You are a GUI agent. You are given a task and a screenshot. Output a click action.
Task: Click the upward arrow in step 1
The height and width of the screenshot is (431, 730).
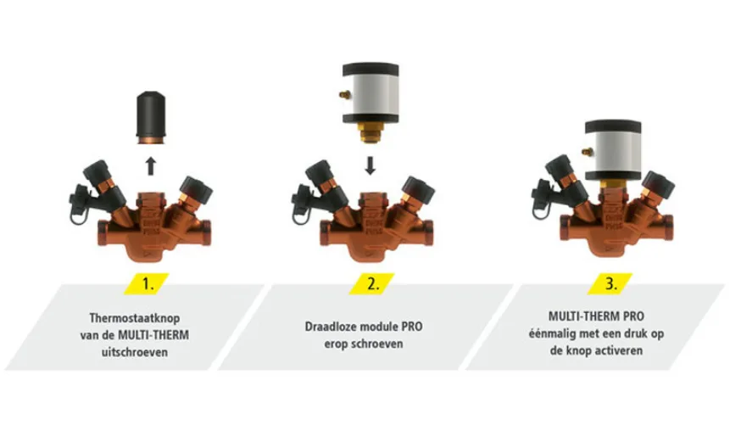(x=150, y=166)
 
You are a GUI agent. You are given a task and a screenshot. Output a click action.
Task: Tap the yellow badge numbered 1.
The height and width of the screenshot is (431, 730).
(x=148, y=283)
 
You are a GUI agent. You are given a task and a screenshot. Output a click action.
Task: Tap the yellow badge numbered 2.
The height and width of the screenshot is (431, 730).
(x=372, y=283)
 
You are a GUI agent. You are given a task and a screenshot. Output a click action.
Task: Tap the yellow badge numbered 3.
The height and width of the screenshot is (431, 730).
(x=610, y=283)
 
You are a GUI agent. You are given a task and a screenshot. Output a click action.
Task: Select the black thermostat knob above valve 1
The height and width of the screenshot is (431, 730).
(x=151, y=117)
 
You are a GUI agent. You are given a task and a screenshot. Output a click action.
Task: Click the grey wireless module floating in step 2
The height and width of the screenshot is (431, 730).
(x=371, y=93)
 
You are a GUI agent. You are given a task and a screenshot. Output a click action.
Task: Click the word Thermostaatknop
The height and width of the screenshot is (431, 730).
(x=135, y=318)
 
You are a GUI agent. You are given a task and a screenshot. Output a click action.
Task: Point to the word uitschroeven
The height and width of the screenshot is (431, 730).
(x=135, y=352)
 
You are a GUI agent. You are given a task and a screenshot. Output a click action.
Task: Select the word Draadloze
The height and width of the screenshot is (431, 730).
(x=331, y=327)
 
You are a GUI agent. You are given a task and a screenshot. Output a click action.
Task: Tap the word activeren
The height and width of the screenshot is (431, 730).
(x=618, y=350)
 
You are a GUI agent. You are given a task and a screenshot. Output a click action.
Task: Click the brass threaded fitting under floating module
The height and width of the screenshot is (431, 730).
(x=371, y=132)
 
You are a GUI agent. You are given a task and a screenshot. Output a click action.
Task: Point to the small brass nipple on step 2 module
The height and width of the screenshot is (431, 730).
(x=343, y=94)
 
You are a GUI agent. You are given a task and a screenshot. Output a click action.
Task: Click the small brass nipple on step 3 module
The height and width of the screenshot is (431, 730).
(x=586, y=151)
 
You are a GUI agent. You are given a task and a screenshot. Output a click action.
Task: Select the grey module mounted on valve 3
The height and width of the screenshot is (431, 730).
(x=613, y=150)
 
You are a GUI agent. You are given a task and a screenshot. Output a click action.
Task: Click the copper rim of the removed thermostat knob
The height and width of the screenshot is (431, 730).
(x=151, y=140)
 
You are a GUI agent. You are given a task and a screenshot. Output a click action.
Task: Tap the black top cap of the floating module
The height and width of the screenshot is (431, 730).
(x=371, y=70)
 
